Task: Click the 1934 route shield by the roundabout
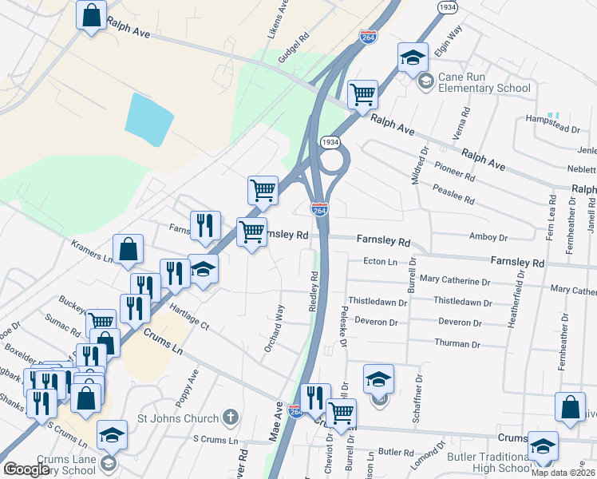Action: tap(330, 141)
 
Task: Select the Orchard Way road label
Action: tap(275, 327)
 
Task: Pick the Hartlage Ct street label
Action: tap(189, 321)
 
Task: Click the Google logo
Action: tap(27, 469)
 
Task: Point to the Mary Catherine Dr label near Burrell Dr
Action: tap(455, 280)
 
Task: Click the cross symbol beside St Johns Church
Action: tap(230, 418)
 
